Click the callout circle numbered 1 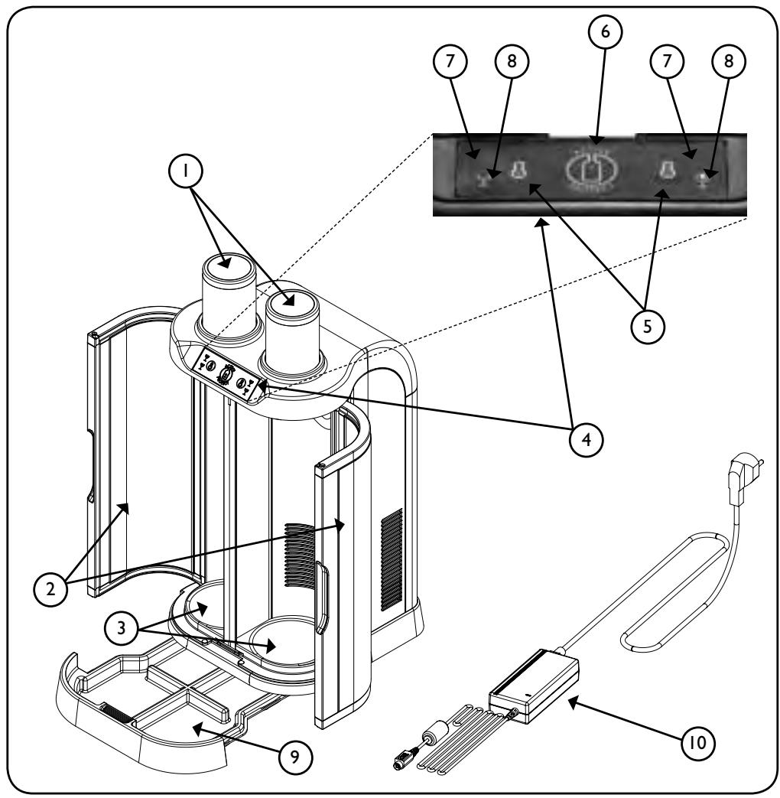185,171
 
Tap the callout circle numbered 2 50,589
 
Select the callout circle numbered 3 121,628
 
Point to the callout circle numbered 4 586,439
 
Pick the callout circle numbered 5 647,326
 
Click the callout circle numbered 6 605,31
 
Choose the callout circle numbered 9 295,757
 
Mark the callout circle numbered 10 698,742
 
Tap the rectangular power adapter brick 535,685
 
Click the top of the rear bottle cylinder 229,266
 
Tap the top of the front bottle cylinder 293,304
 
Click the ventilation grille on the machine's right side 392,560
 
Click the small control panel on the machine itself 228,375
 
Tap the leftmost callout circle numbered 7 450,61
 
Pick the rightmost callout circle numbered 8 729,61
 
